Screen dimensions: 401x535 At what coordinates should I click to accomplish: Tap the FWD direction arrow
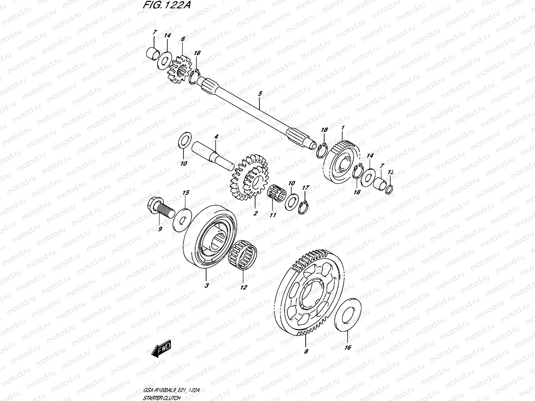tap(161, 348)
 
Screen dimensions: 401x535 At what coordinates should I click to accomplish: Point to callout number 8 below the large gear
tap(306, 351)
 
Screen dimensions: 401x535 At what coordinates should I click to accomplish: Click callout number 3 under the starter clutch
tap(207, 285)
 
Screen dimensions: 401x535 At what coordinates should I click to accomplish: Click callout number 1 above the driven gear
tap(343, 128)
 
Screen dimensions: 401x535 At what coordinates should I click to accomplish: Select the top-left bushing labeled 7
tap(153, 52)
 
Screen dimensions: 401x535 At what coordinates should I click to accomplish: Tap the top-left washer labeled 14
tap(164, 61)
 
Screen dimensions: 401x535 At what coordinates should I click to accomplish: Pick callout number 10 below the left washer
tap(183, 163)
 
